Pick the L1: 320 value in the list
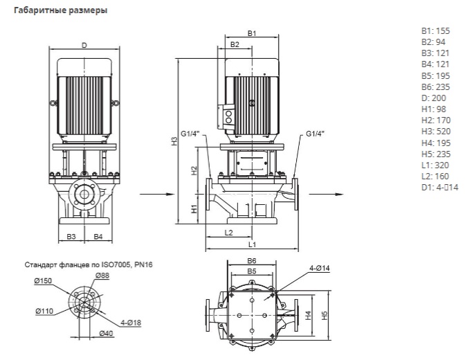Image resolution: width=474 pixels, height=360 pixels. [x=433, y=165]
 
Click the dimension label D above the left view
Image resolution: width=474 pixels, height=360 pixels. [x=84, y=46]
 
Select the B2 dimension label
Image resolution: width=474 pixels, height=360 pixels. [x=235, y=45]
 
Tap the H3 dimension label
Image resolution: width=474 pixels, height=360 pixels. [x=175, y=141]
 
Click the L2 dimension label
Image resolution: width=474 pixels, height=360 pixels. [x=228, y=233]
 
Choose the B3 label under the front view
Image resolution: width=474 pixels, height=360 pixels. [x=71, y=237]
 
